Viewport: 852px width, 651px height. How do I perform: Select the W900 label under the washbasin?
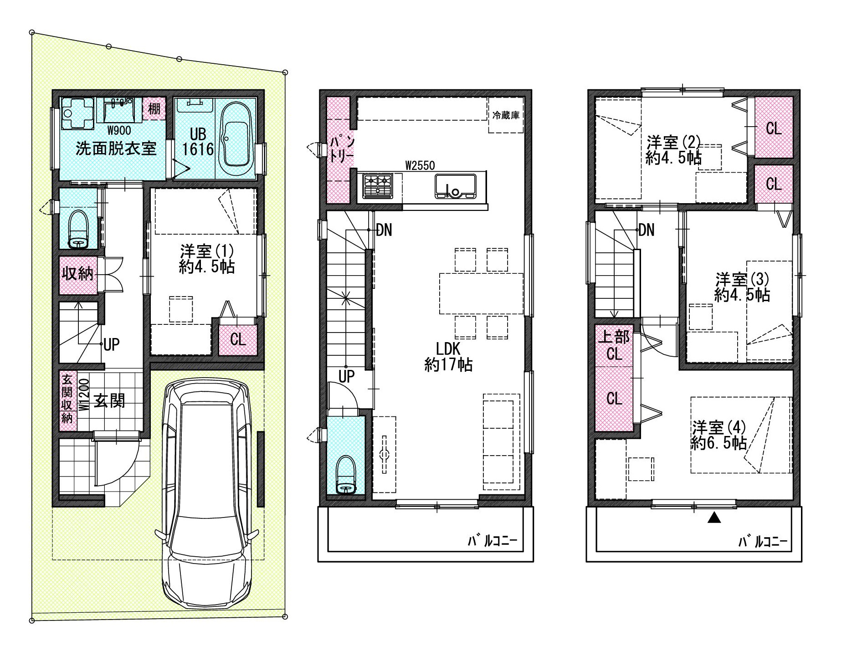coord(119,131)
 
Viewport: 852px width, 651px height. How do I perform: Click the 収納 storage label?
coord(77,273)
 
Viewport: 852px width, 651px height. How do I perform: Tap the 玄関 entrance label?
coord(109,401)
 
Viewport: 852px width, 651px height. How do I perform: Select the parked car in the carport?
coord(207,494)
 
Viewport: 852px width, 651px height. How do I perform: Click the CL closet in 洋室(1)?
coord(238,339)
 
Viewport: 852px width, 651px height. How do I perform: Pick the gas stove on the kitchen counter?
coord(378,185)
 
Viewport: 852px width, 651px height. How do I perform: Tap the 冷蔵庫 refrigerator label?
coord(506,115)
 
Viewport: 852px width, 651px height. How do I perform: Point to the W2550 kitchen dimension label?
coord(420,165)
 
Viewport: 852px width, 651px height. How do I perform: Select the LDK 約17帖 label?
coord(448,357)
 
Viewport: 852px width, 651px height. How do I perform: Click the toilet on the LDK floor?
coord(347,475)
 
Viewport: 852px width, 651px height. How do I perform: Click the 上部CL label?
coord(614,345)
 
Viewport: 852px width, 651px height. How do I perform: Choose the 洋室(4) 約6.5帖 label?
coord(719,435)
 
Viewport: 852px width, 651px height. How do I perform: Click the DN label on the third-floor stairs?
coord(646,230)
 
